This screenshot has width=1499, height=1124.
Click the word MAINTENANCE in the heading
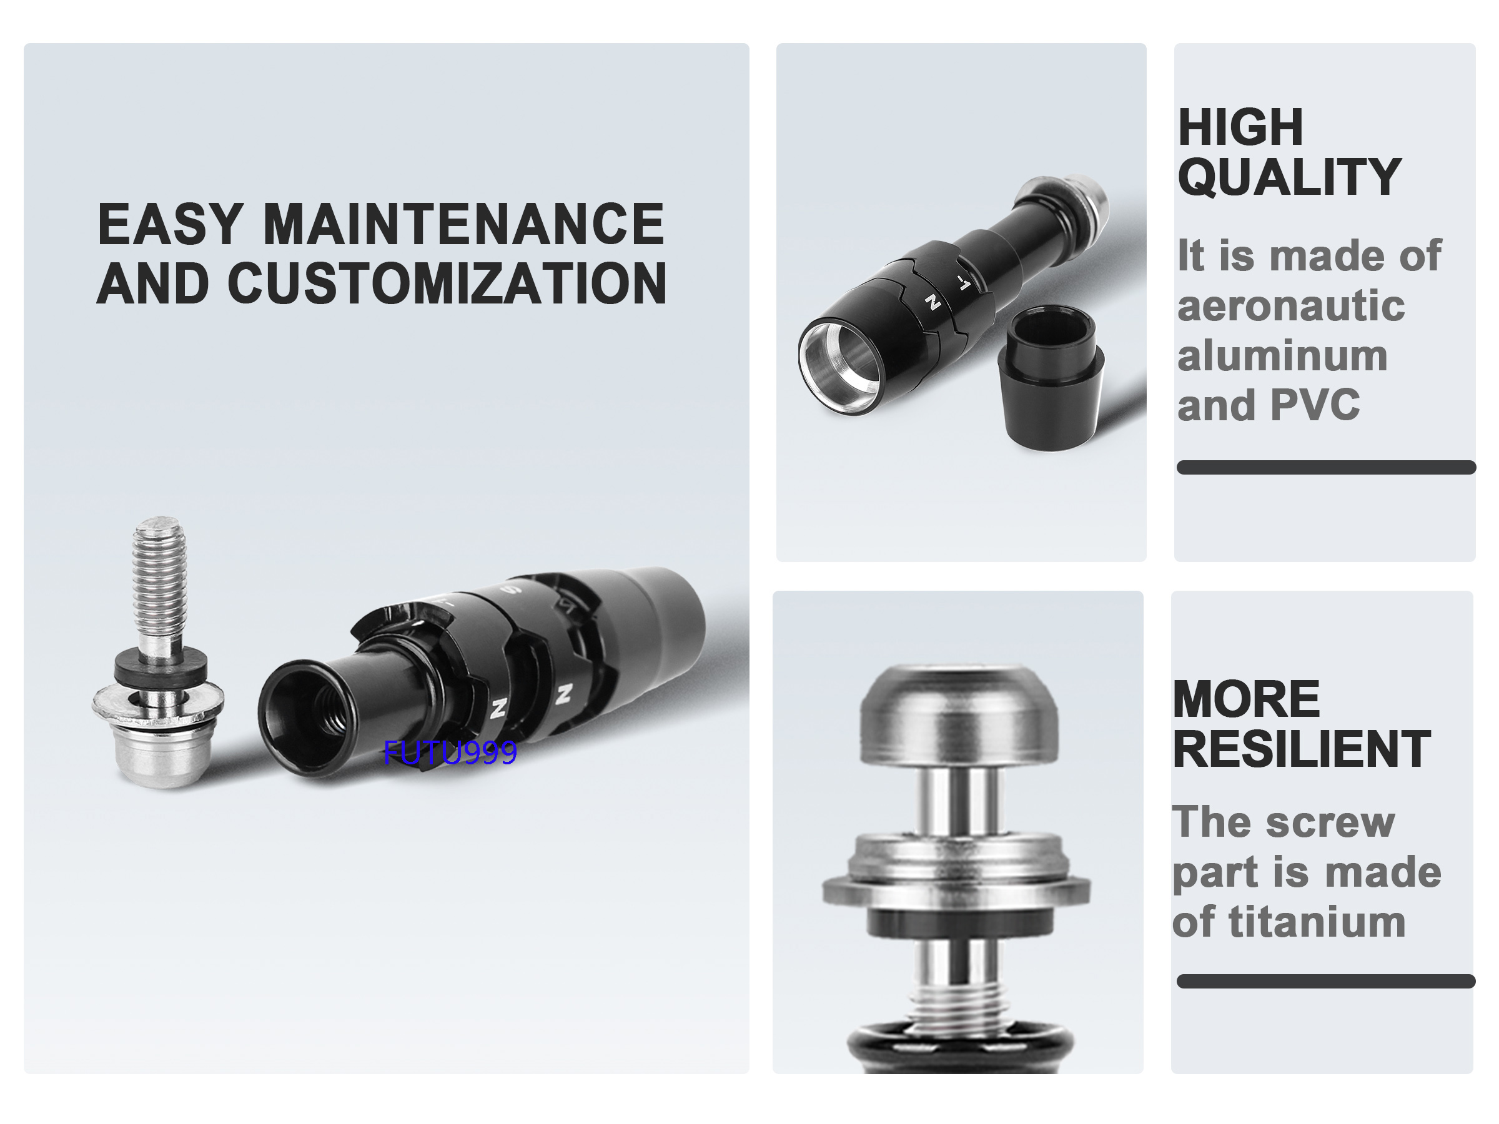click(x=463, y=224)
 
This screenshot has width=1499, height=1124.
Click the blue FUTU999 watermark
click(x=450, y=752)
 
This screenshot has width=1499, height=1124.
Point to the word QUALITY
click(x=1290, y=177)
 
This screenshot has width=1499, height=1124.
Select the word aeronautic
click(x=1291, y=305)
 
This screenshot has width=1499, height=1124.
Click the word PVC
click(x=1315, y=405)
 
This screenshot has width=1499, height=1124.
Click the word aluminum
click(x=1283, y=357)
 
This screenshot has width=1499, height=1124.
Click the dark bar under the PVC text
click(x=1326, y=468)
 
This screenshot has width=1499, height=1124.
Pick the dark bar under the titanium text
click(x=1326, y=981)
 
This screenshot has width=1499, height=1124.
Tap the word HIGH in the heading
click(x=1240, y=127)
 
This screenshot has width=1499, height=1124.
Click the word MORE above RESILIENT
click(x=1246, y=699)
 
